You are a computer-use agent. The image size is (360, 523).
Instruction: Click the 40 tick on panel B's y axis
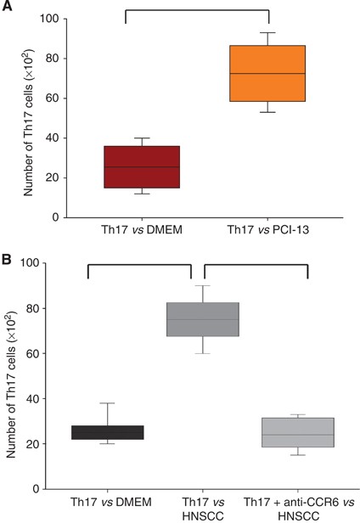60,398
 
